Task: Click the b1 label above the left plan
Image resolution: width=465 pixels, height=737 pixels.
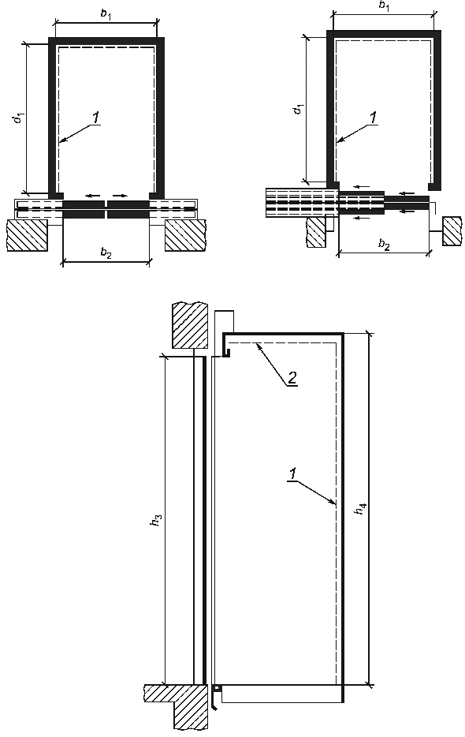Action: coord(106,13)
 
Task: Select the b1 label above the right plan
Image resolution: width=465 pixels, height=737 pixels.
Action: coord(384,6)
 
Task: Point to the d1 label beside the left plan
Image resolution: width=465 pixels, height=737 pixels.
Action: coord(18,118)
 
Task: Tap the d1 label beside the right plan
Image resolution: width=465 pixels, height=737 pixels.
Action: coord(298,109)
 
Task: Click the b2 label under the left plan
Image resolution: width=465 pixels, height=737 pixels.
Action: coord(106,253)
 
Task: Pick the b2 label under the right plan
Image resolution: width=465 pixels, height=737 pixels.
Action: coord(384,245)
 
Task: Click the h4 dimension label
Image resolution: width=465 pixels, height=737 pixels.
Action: coord(361,509)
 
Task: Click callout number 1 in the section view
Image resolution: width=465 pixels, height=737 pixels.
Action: coord(292,473)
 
